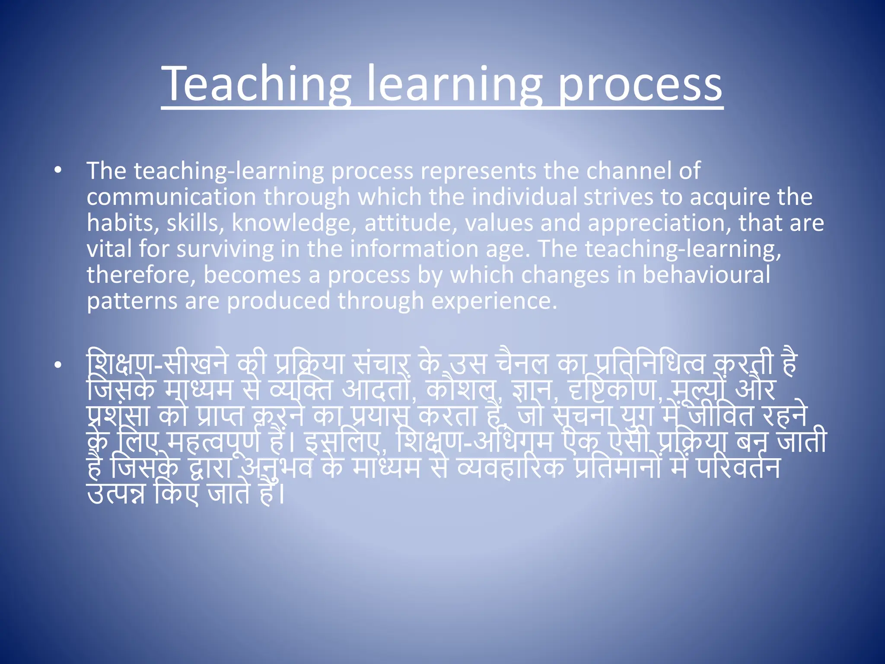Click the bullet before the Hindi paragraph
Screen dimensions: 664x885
click(x=58, y=365)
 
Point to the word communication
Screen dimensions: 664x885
click(x=172, y=197)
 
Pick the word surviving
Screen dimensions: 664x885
click(x=225, y=249)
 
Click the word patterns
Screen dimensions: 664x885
click(x=132, y=301)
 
